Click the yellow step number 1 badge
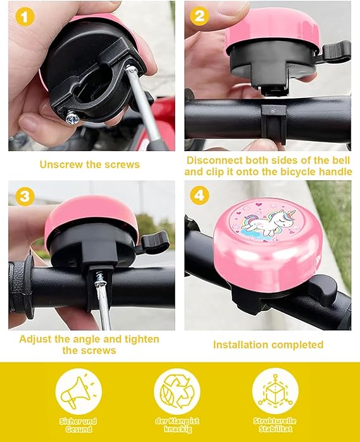(x=25, y=16)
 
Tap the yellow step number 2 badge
(x=199, y=16)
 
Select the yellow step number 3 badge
(x=25, y=196)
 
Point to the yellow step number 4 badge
(x=199, y=195)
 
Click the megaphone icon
(x=78, y=391)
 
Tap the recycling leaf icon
(x=177, y=391)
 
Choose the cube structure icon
(x=275, y=391)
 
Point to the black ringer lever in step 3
(x=154, y=242)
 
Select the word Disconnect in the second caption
(x=214, y=160)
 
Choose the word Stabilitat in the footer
(x=275, y=429)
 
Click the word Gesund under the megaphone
(x=78, y=429)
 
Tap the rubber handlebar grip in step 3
(x=20, y=288)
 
